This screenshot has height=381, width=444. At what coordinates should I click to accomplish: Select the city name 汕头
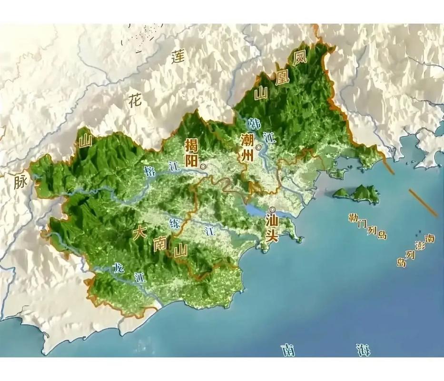(x=272, y=230)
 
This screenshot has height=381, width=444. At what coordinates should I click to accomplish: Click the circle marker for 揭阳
(x=204, y=167)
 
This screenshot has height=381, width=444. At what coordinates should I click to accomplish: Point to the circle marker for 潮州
(x=258, y=148)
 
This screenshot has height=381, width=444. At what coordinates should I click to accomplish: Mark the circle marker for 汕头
(x=272, y=209)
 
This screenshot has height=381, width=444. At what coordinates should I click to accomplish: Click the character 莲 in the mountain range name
(x=178, y=57)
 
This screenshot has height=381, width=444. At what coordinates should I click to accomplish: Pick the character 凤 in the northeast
(x=299, y=58)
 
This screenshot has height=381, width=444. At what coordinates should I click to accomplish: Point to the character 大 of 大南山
(x=139, y=233)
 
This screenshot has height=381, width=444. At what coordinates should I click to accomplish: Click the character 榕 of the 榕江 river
(x=150, y=172)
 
